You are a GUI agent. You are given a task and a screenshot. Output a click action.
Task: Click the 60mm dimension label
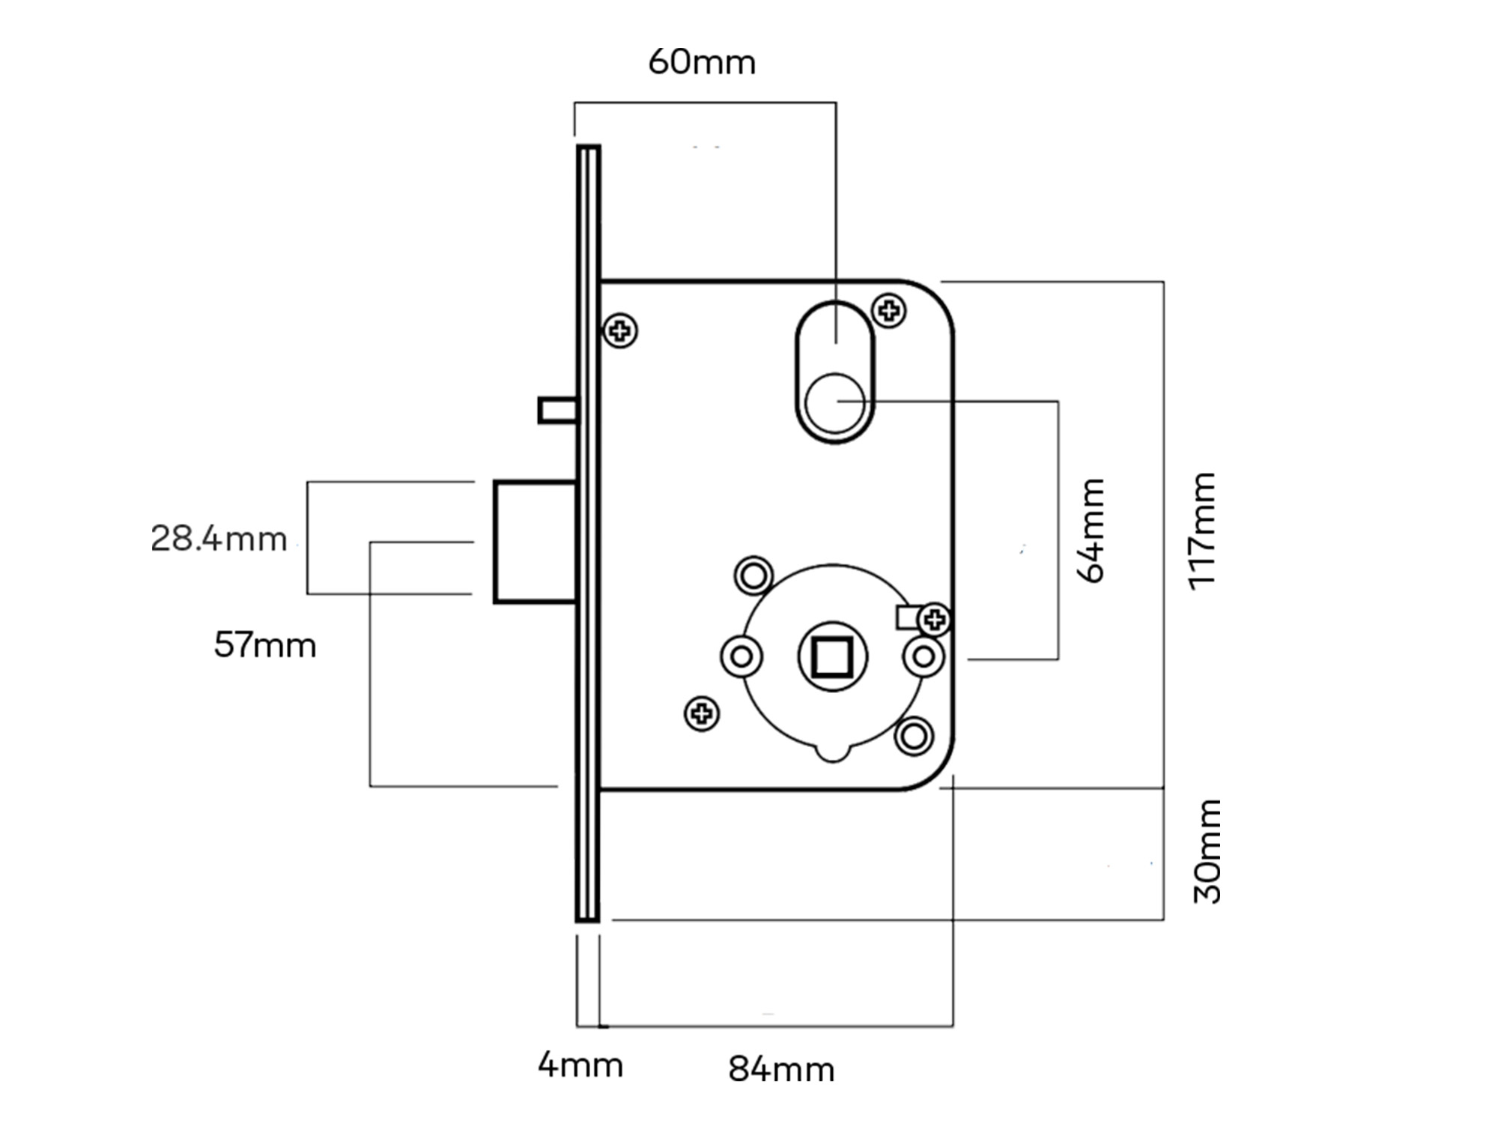point(702,62)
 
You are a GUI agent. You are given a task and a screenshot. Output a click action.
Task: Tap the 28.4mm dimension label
point(219,539)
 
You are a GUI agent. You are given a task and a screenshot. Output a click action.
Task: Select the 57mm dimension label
point(265,645)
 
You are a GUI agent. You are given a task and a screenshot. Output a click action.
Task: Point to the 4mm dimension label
point(580,1065)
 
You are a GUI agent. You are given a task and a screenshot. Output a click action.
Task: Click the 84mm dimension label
point(781,1069)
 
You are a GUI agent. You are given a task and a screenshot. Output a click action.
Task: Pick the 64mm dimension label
point(1091,531)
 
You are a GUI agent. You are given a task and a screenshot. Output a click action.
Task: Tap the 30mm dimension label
point(1207,851)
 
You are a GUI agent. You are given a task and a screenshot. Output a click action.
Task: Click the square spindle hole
point(833,657)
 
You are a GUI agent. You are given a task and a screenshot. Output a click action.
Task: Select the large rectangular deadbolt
point(535,542)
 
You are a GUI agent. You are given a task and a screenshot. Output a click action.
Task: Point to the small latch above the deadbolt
point(557,411)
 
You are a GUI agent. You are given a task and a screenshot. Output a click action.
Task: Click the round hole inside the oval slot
point(834,402)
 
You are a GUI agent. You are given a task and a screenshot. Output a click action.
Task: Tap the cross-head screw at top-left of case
point(620,330)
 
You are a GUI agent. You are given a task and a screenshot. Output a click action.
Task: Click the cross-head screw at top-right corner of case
point(889,309)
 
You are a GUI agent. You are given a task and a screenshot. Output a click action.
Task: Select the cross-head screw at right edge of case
point(934,620)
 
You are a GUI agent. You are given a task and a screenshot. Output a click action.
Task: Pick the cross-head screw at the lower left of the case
point(702,713)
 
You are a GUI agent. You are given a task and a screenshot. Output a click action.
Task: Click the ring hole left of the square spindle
point(742,657)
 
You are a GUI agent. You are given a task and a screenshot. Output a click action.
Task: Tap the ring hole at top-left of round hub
point(753,575)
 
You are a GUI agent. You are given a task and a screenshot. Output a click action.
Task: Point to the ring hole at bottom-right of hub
point(914,736)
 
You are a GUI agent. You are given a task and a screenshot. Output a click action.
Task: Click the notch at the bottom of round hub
point(833,752)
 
